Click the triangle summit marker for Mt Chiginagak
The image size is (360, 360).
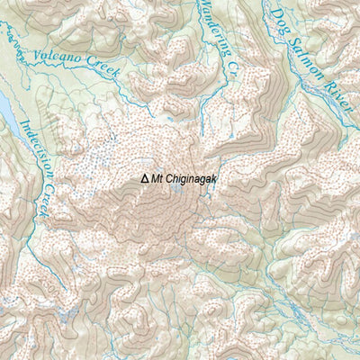(144, 179)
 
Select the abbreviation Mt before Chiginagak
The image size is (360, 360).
(157, 179)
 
